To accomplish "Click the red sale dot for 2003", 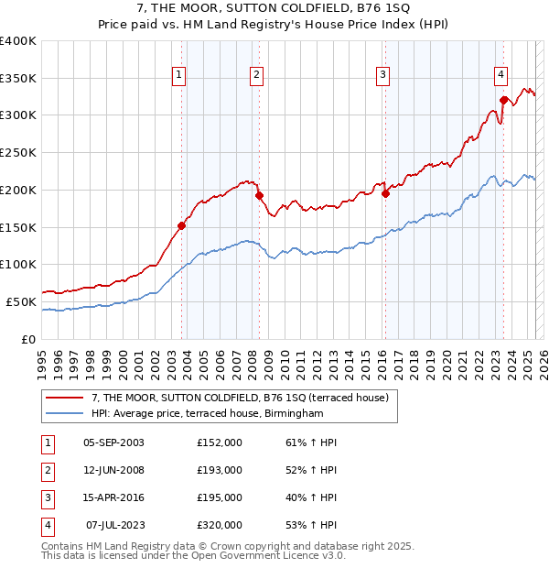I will pos(181,225).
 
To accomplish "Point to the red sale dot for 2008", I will pos(259,195).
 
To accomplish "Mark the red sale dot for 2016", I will pos(385,193).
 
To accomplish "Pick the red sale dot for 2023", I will pos(503,100).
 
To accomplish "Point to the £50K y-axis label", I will pos(21,301).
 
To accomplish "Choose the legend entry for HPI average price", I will pos(207,414).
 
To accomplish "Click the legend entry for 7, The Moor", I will pos(241,398).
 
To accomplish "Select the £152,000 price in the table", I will pos(220,442).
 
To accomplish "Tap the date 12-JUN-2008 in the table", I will pos(113,470).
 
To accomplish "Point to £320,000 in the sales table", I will pos(220,525).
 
